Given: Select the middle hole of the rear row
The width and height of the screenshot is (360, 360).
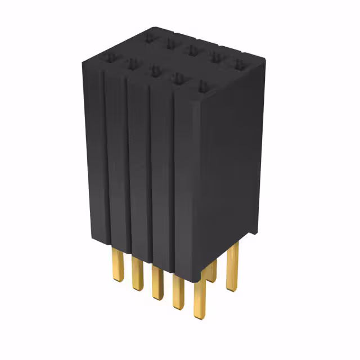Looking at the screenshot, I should coord(192,50).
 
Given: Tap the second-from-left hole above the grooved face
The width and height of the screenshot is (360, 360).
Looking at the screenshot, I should coord(132,64).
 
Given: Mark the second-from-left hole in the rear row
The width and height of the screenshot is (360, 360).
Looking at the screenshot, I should coord(170,43).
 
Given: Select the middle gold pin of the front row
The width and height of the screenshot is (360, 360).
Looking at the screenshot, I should coord(157,281).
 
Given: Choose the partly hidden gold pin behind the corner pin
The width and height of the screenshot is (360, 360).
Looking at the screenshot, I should coord(211,271).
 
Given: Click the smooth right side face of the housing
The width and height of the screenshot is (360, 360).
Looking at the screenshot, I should coord(231,169).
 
